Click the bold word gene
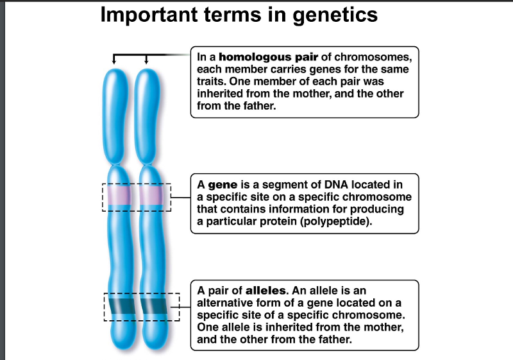click(220, 185)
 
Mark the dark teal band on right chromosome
click(153, 307)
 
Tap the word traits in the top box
click(212, 81)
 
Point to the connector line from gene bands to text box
click(181, 198)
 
